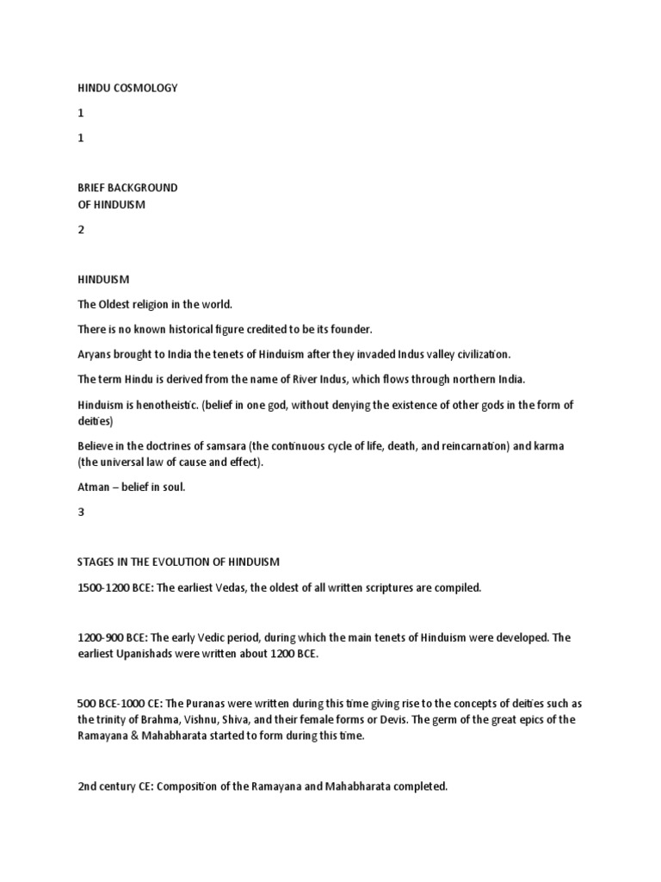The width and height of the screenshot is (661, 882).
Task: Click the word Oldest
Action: [x=119, y=304]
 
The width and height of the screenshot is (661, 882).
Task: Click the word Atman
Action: [x=94, y=488]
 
